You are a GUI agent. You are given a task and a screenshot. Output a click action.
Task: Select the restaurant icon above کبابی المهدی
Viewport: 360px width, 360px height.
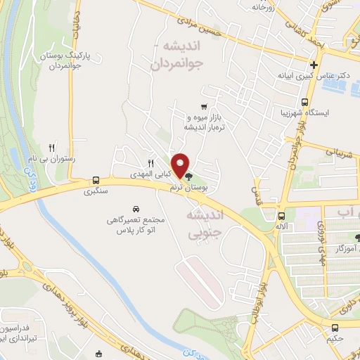[x=150, y=162]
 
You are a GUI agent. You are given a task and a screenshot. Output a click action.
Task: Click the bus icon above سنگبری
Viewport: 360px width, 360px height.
[x=96, y=180]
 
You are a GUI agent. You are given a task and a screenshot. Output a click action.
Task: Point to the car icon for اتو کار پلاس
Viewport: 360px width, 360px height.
[x=136, y=209]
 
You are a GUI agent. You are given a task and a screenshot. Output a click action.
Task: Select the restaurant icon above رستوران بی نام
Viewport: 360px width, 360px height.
[x=51, y=147]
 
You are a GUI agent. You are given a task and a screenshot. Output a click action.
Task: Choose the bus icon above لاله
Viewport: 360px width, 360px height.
[x=282, y=216]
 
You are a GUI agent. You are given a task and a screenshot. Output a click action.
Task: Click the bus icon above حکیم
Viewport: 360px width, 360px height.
[x=335, y=328]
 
